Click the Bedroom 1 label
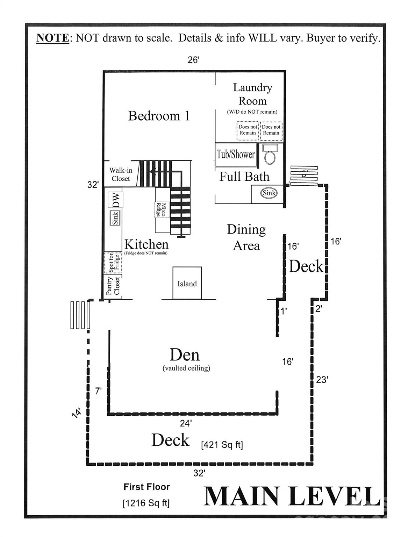pos(159,116)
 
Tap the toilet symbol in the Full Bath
pos(270,155)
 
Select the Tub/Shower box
pos(235,154)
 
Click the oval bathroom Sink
pos(269,193)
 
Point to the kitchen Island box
pos(187,283)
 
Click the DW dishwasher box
pos(116,200)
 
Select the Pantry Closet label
pos(113,286)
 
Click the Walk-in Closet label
pos(121,174)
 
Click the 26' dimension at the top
pos(193,60)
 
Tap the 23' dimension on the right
pos(322,380)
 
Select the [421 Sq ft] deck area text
pos(222,445)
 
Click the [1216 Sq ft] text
pos(146,503)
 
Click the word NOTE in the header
pos(52,38)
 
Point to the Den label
pos(185,355)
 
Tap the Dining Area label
pos(246,237)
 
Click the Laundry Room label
pos(252,94)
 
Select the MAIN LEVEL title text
pos(292,496)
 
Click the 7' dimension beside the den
pos(98,391)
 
